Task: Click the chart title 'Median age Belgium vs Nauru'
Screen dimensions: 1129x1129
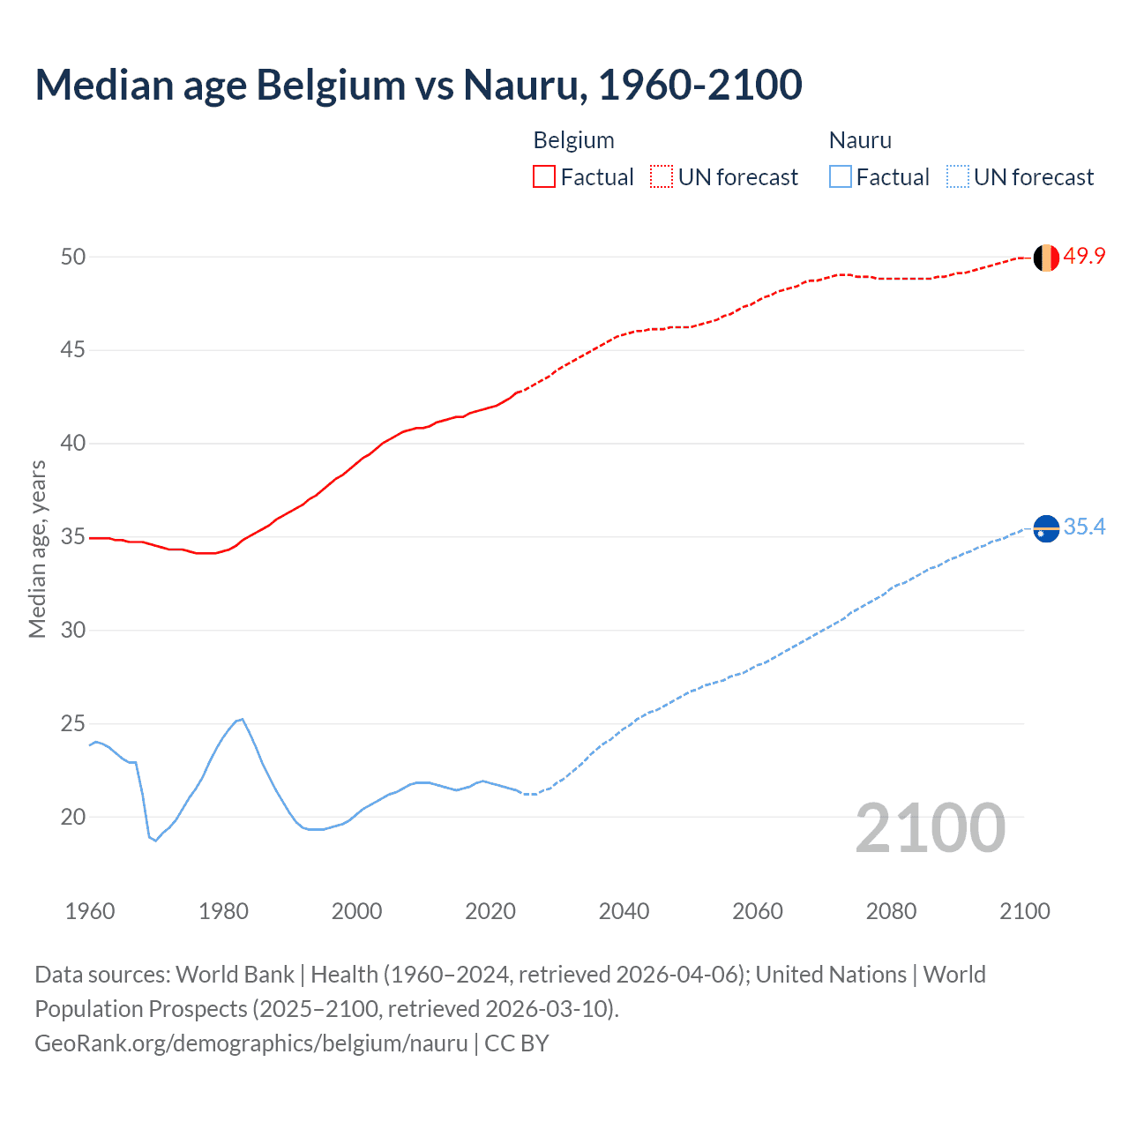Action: (x=418, y=85)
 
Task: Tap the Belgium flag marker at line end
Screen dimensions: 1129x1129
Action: (x=1046, y=258)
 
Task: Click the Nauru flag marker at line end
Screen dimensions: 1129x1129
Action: (x=1046, y=528)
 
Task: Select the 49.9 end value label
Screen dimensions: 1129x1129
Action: (x=1084, y=256)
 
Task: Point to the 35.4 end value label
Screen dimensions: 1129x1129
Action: (x=1084, y=527)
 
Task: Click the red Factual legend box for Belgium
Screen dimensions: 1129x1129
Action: (x=544, y=177)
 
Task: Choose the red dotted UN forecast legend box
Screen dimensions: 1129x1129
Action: (x=662, y=177)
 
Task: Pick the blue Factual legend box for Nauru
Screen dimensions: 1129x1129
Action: (x=840, y=177)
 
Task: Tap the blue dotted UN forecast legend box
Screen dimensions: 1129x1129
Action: (x=957, y=177)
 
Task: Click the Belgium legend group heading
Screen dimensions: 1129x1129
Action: (x=573, y=140)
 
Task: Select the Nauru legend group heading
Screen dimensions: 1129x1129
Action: (x=860, y=140)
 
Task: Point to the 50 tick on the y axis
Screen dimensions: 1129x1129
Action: (x=73, y=257)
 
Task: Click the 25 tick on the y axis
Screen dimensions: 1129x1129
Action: (x=73, y=724)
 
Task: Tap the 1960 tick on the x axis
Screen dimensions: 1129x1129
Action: (x=90, y=911)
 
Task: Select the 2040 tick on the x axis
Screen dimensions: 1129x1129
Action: (x=624, y=911)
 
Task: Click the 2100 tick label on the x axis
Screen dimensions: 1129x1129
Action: (x=1024, y=911)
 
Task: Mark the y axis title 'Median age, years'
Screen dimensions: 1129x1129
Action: (x=37, y=549)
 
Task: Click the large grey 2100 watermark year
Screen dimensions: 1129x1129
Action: (x=930, y=828)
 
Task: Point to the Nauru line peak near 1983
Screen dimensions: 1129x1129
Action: (x=242, y=720)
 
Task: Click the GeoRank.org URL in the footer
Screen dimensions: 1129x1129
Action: (x=251, y=1043)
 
